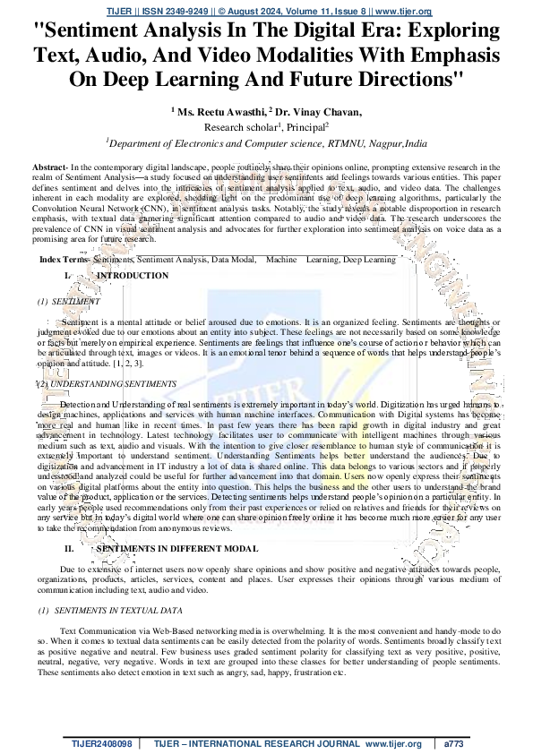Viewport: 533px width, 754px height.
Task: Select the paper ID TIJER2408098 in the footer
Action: [102, 744]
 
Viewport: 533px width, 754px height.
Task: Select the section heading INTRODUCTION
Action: [132, 276]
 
